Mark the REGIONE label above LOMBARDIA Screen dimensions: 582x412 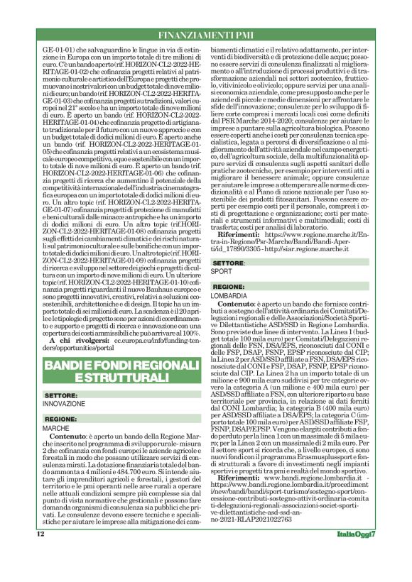[x=231, y=286]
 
